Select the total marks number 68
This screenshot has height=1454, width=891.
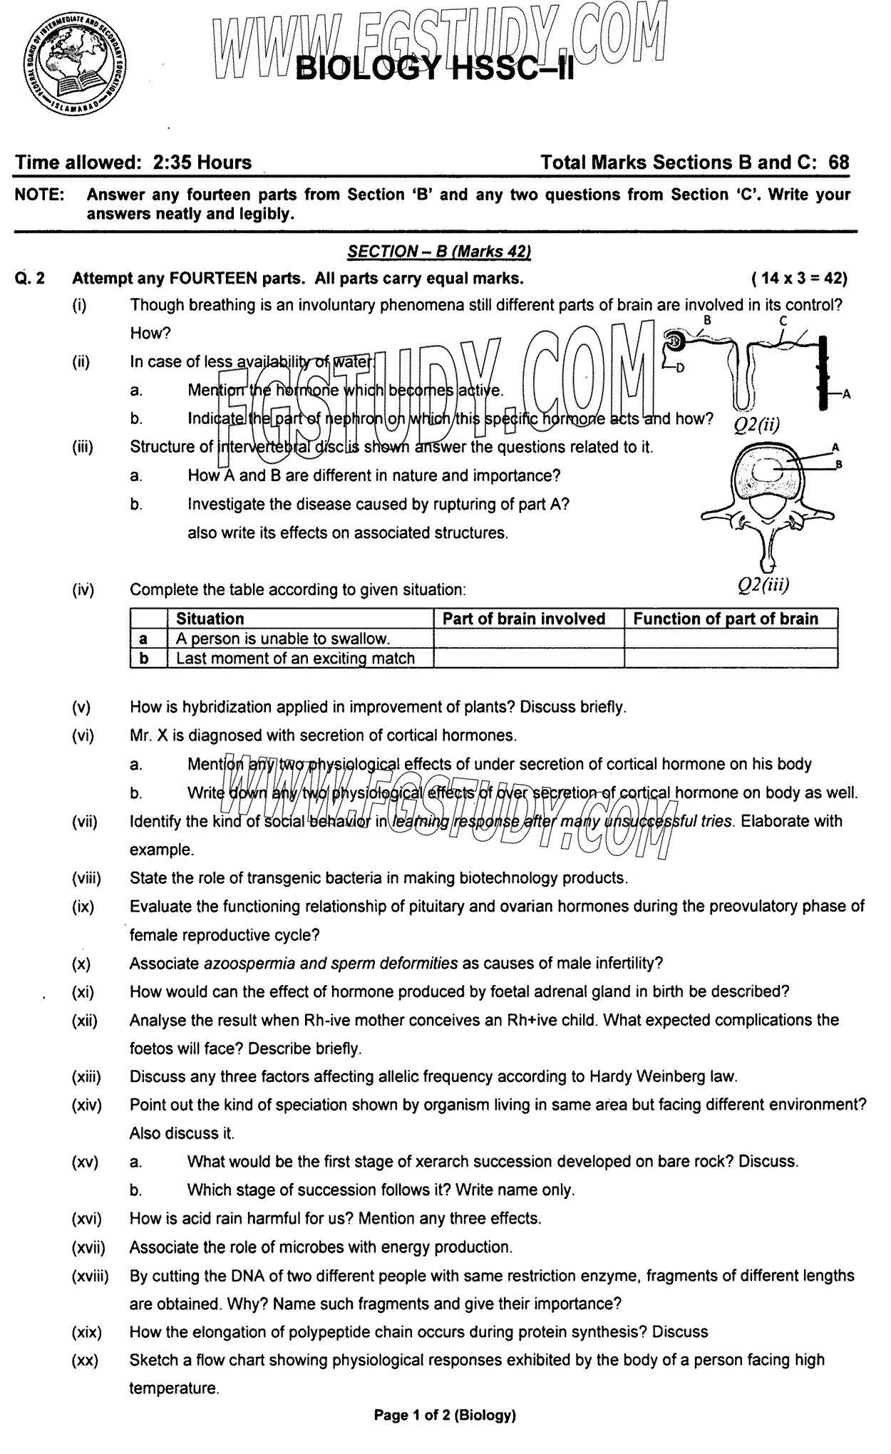point(839,163)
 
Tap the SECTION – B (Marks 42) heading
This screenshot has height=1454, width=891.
point(439,251)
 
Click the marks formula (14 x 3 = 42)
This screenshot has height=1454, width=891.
point(799,278)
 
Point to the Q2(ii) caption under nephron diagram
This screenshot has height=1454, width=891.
point(757,426)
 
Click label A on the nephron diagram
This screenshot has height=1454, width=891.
point(846,393)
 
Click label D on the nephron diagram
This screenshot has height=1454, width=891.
point(679,368)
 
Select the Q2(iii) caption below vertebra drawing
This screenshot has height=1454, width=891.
point(763,585)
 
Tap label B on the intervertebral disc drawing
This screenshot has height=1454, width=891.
point(839,464)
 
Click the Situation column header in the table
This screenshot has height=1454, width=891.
point(210,619)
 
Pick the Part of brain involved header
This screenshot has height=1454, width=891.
point(524,619)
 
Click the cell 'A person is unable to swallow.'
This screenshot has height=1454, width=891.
point(283,639)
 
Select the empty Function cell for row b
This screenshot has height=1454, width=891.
point(730,658)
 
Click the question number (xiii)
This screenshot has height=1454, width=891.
point(86,1077)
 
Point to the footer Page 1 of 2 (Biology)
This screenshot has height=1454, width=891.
point(444,1435)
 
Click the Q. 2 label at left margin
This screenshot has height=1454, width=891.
point(30,278)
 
